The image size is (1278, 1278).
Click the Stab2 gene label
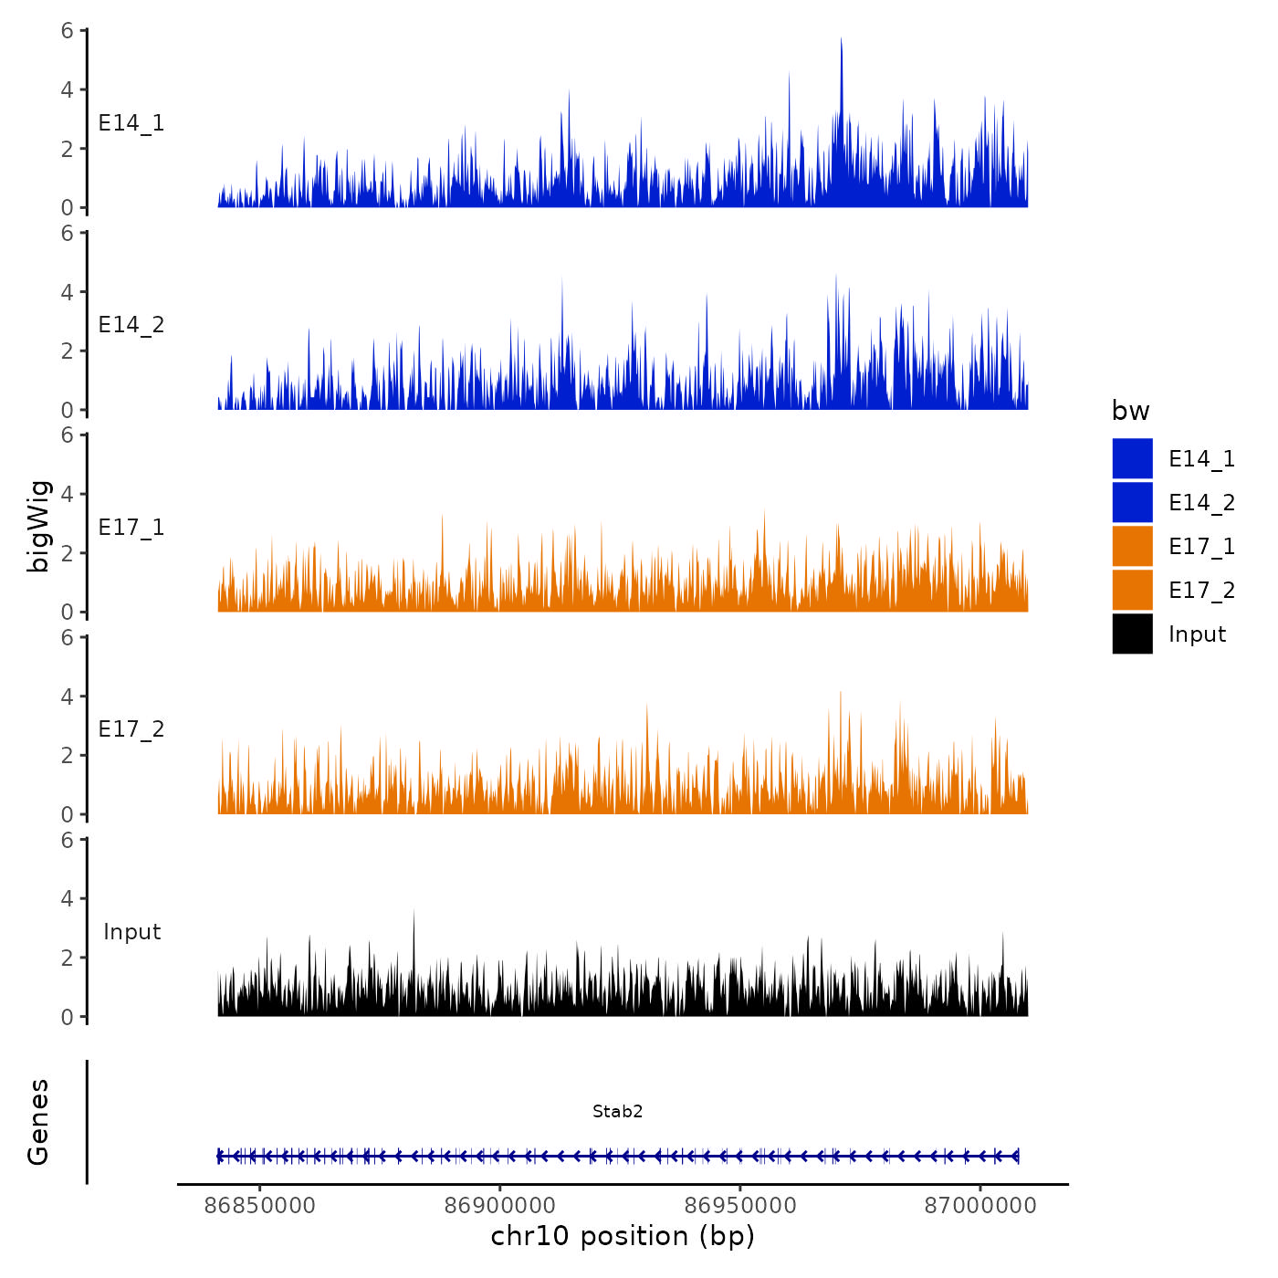click(618, 1111)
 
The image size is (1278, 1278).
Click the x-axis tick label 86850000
click(260, 1206)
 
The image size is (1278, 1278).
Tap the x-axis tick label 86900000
click(500, 1206)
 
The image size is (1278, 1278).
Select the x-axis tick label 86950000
click(740, 1206)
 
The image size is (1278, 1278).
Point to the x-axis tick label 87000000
click(980, 1206)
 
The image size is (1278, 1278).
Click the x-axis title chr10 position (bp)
click(623, 1236)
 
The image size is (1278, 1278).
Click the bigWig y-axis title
click(38, 526)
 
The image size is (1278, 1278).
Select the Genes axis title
click(38, 1122)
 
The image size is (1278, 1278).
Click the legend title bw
click(1130, 411)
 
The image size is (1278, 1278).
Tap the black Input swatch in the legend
click(1132, 634)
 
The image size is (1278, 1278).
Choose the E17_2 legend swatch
click(1132, 590)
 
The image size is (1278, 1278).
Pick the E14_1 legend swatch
click(1132, 458)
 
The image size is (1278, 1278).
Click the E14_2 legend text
click(1201, 503)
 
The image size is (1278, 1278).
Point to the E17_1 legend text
click(1201, 547)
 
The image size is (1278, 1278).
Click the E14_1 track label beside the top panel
click(131, 123)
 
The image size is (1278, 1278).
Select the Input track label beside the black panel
click(131, 932)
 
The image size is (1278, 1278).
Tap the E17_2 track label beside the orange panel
click(131, 729)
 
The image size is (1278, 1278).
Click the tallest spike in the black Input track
click(414, 912)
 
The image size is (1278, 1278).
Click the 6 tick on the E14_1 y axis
click(68, 30)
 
